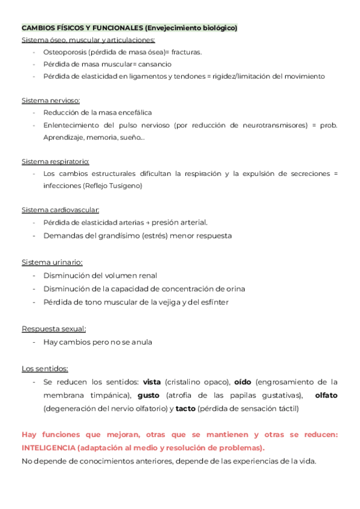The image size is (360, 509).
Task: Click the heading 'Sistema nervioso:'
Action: [x=50, y=100]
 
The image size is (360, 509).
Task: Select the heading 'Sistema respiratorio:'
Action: [x=55, y=161]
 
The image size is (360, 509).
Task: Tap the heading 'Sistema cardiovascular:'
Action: [x=61, y=210]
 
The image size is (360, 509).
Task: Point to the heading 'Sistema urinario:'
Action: [x=52, y=262]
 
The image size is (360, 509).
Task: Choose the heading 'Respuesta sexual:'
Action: [x=54, y=329]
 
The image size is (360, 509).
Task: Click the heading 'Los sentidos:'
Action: [x=45, y=369]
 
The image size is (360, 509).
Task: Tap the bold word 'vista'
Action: [x=152, y=382]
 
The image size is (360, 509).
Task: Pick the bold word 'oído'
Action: [x=242, y=382]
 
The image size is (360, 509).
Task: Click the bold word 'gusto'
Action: [x=148, y=396]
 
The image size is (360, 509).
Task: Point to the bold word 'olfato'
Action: [x=326, y=396]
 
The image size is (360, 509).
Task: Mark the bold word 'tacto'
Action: [x=185, y=409]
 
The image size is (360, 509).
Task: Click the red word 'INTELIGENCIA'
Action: [x=48, y=448]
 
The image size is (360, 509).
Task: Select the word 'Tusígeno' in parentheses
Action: [x=125, y=186]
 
